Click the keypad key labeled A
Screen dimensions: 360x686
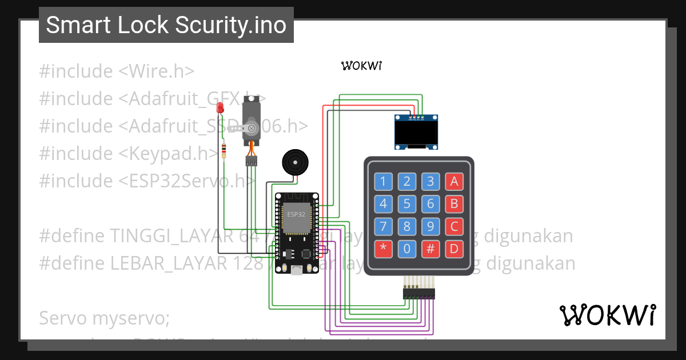(x=454, y=182)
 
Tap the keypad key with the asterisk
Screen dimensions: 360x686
(x=383, y=249)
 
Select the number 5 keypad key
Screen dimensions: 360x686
(x=406, y=204)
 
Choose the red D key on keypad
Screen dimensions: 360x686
(x=454, y=249)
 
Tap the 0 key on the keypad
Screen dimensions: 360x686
(x=406, y=249)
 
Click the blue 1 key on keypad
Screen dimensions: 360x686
(x=383, y=182)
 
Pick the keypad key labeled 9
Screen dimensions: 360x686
(x=430, y=226)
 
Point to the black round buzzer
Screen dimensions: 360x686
(x=296, y=163)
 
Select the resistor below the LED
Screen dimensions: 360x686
(x=224, y=151)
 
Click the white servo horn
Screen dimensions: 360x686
(x=244, y=129)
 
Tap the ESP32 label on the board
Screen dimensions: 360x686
(x=296, y=214)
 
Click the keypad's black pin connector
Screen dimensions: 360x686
(x=418, y=293)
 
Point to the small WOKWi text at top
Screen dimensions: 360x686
(x=361, y=66)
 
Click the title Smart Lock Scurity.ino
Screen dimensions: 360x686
(x=166, y=25)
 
